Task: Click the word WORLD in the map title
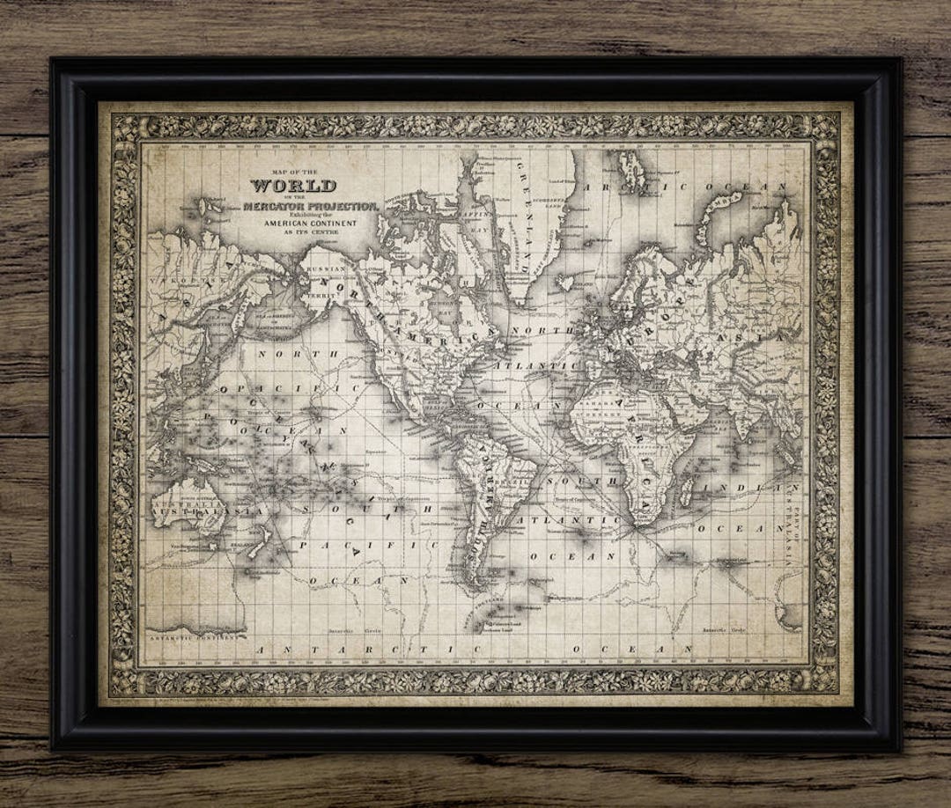pyautogui.click(x=293, y=186)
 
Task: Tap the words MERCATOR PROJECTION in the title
pyautogui.click(x=313, y=206)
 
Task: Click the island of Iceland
pyautogui.click(x=564, y=283)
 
